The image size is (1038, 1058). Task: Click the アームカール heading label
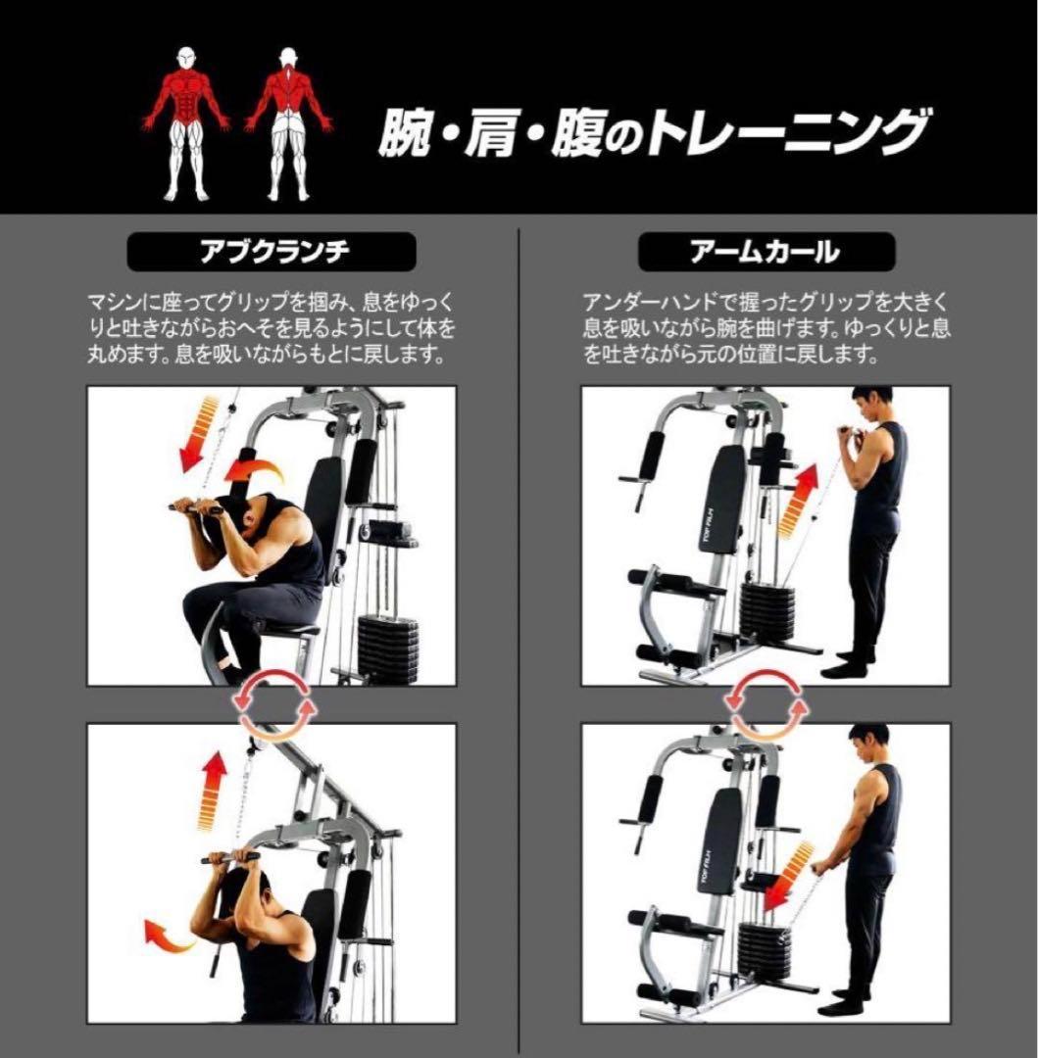point(766,253)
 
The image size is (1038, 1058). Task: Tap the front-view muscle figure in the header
point(186,121)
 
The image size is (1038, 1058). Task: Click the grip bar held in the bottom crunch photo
point(231,858)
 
